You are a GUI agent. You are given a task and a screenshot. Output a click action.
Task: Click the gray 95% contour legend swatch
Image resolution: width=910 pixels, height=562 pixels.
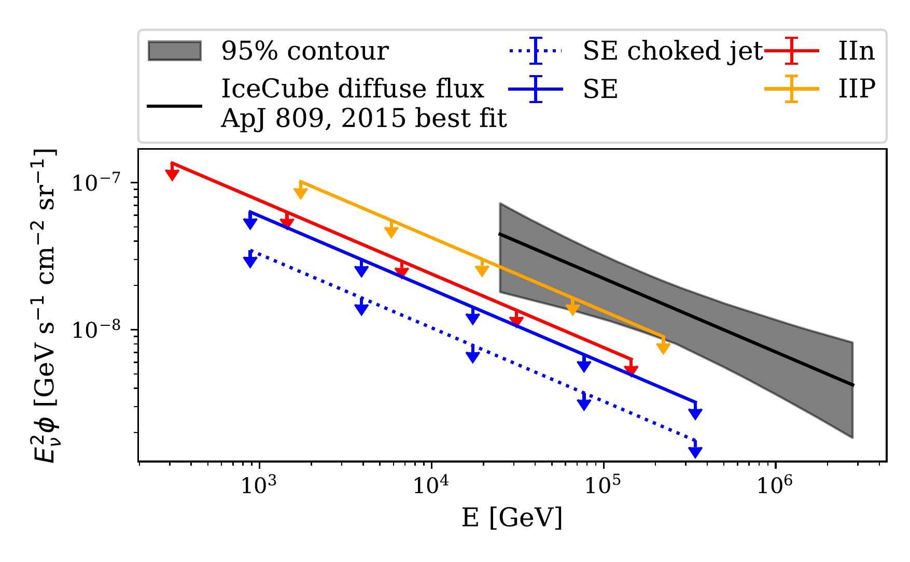click(175, 51)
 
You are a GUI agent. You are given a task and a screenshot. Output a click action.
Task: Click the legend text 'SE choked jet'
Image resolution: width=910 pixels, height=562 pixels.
click(673, 51)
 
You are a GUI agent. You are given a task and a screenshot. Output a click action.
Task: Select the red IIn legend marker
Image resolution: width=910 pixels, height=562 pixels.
click(791, 51)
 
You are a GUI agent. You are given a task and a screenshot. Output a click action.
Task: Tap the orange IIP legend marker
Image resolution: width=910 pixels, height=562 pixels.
click(791, 89)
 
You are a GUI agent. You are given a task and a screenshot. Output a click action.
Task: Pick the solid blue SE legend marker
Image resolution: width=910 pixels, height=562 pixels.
click(536, 89)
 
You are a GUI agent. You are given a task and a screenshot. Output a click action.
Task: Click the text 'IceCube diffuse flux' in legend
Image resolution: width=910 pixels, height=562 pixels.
click(352, 89)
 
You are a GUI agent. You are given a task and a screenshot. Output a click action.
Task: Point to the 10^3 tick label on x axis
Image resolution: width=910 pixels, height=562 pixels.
click(258, 484)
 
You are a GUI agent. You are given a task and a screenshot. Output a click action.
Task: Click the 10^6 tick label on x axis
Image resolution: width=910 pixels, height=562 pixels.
click(775, 484)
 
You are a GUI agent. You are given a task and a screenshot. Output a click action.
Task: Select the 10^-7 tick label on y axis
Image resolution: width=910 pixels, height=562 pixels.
click(96, 182)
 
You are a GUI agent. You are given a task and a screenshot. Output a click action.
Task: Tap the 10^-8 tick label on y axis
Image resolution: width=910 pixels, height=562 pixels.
click(96, 329)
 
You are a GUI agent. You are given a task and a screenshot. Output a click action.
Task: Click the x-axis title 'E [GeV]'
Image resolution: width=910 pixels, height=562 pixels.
click(512, 517)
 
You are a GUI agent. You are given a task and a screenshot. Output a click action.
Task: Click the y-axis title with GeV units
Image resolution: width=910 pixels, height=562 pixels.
click(46, 306)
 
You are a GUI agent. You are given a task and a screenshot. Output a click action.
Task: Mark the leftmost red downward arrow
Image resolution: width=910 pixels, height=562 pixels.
click(172, 174)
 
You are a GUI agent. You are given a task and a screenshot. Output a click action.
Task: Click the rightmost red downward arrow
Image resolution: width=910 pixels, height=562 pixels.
click(631, 368)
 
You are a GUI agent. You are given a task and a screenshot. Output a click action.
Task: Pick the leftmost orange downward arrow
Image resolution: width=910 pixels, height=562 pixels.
click(301, 192)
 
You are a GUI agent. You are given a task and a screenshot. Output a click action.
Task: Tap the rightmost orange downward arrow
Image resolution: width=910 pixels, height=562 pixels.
click(663, 347)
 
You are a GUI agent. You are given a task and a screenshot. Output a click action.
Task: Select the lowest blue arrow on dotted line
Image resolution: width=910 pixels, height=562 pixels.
click(695, 451)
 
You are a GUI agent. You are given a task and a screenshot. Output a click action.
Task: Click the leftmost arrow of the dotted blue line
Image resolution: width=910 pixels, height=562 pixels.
click(250, 261)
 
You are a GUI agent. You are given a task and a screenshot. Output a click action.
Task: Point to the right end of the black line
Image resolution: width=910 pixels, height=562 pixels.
click(852, 384)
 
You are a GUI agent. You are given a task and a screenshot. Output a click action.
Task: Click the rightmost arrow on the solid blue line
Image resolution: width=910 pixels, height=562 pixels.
click(695, 413)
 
